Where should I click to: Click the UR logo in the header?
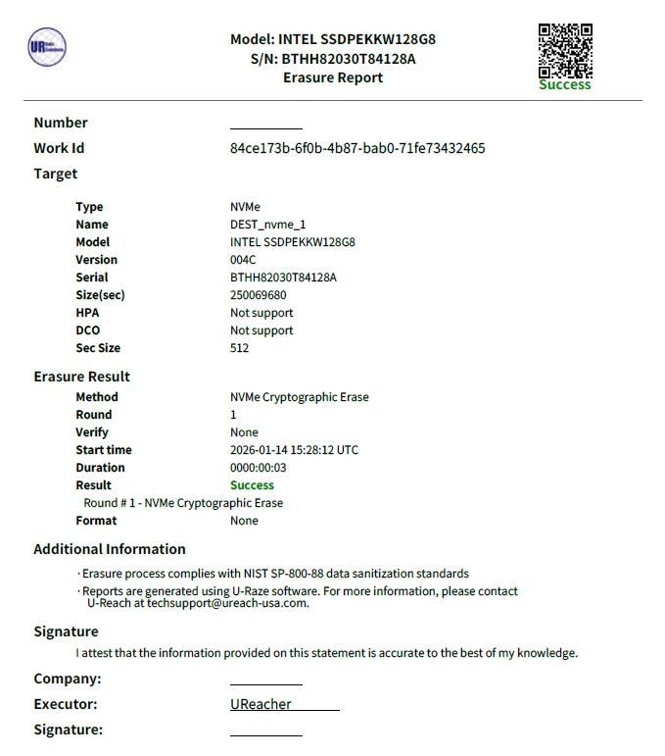[x=47, y=47]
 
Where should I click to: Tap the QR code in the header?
[x=565, y=50]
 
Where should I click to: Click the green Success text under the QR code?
[x=565, y=85]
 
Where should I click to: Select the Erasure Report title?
[x=333, y=77]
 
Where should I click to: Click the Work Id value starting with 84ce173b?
[x=357, y=148]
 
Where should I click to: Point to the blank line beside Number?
[x=266, y=126]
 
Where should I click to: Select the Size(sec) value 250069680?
[x=259, y=295]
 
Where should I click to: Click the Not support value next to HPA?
[x=261, y=313]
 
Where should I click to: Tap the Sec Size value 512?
[x=240, y=348]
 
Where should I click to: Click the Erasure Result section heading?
[x=81, y=377]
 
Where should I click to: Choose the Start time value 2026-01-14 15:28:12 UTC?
[x=294, y=450]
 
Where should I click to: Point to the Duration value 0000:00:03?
[x=259, y=468]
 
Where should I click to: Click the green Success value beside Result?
[x=252, y=485]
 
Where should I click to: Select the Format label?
[x=96, y=521]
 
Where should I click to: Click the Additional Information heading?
[x=110, y=549]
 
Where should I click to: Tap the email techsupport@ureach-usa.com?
[x=227, y=603]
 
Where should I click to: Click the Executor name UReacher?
[x=261, y=704]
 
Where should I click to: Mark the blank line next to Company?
[x=266, y=682]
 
